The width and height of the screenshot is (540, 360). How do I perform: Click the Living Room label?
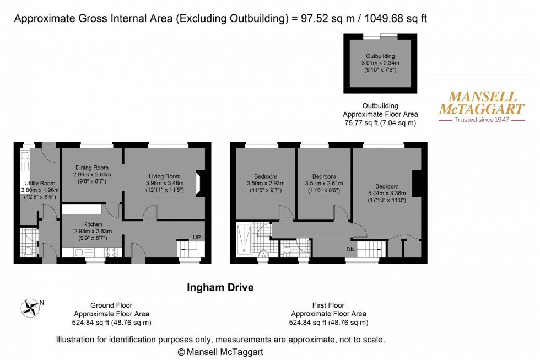point(163,176)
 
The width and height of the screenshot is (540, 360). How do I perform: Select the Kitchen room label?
point(93,224)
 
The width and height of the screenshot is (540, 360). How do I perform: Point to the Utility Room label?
point(40,183)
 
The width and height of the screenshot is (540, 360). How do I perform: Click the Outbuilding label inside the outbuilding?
point(381,56)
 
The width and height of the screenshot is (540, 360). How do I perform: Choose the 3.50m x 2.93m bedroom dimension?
point(262,183)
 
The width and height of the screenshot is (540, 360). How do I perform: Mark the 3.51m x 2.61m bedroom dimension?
point(323,183)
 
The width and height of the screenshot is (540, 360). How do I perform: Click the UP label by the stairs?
point(196,237)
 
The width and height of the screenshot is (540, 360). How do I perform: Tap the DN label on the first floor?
point(350,249)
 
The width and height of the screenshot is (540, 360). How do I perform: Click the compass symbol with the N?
point(31,307)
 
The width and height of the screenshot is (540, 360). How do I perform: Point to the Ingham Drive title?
point(220,287)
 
